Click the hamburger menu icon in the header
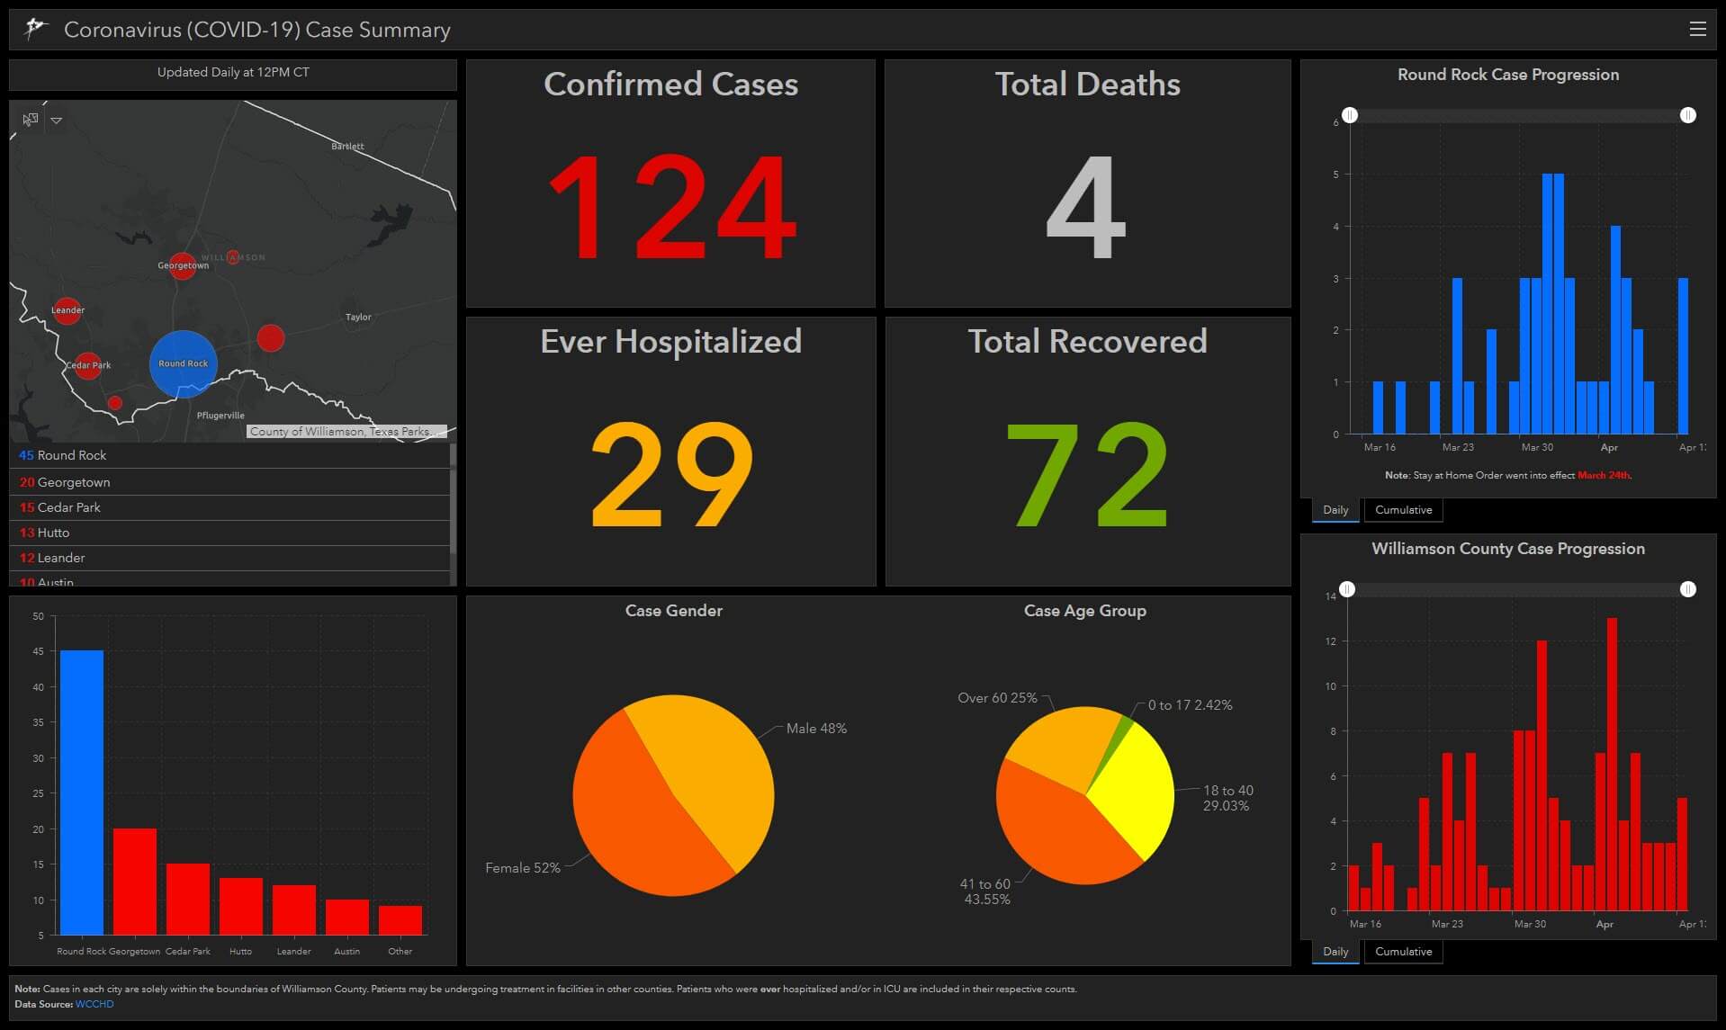(x=1697, y=30)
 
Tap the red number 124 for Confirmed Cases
(x=671, y=208)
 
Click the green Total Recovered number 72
(x=1087, y=474)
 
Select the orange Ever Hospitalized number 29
(x=671, y=474)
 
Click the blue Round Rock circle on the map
(x=183, y=364)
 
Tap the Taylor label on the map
(x=358, y=318)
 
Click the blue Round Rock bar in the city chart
(x=82, y=792)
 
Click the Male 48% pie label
(x=816, y=729)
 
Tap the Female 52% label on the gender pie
(x=522, y=868)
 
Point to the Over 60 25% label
(x=997, y=698)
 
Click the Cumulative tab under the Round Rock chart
(x=1403, y=510)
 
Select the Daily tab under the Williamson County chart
(x=1335, y=952)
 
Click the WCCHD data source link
(x=94, y=1004)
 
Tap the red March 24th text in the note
(x=1603, y=475)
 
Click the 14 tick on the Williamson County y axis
(x=1331, y=596)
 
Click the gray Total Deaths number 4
(x=1086, y=208)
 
